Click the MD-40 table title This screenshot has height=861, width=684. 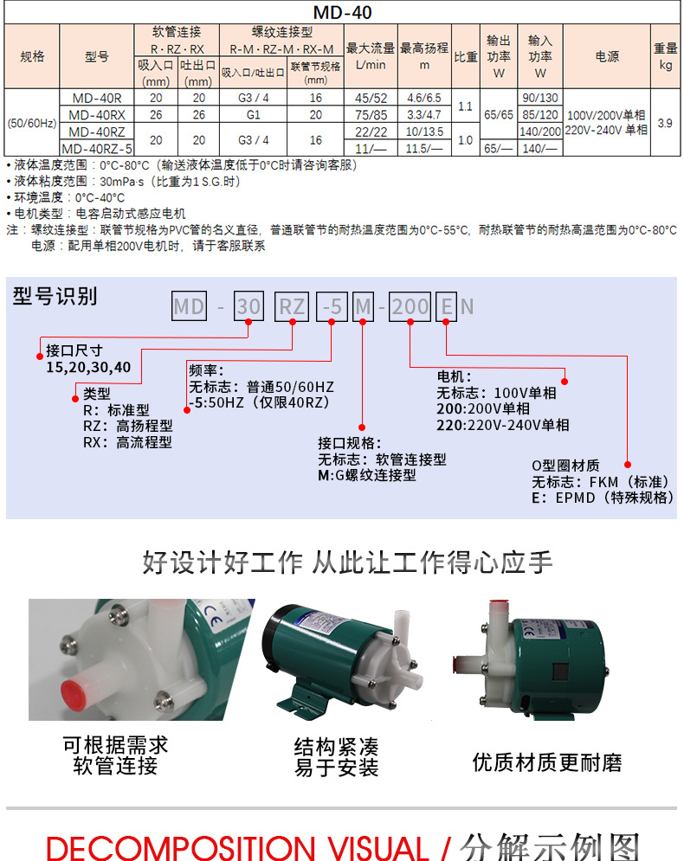coord(342,12)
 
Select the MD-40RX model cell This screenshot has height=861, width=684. coord(97,114)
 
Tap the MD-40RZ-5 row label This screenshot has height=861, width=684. coord(97,148)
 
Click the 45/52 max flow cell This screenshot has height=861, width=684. coord(371,98)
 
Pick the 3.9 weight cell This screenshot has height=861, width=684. coord(664,123)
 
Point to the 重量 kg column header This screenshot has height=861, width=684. coord(664,56)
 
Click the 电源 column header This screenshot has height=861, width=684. coord(607,56)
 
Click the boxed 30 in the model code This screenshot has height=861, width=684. coord(248,306)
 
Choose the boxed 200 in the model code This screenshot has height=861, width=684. coord(410,306)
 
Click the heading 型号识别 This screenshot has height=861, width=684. coord(55,297)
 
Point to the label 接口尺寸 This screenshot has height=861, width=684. coord(74,350)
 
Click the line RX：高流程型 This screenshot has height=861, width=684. coord(127,441)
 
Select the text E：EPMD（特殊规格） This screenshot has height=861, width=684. coord(602,498)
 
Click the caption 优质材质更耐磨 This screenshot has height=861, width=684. coord(547,762)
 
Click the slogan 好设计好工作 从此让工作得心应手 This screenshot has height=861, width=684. coord(347,562)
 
